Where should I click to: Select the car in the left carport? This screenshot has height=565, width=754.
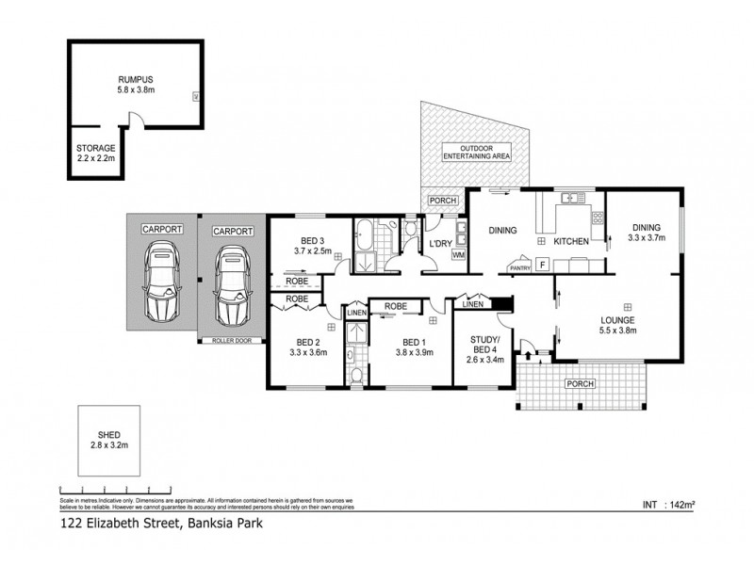tap(161, 281)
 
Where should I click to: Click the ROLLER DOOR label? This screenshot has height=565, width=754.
tap(232, 340)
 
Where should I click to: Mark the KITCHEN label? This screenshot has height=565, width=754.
tap(571, 242)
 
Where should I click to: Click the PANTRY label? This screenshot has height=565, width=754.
tap(519, 267)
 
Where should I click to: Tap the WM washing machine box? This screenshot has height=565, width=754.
tap(459, 254)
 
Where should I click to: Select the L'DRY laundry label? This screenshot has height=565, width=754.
tap(438, 243)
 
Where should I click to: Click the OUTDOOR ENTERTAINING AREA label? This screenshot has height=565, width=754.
tap(485, 153)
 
